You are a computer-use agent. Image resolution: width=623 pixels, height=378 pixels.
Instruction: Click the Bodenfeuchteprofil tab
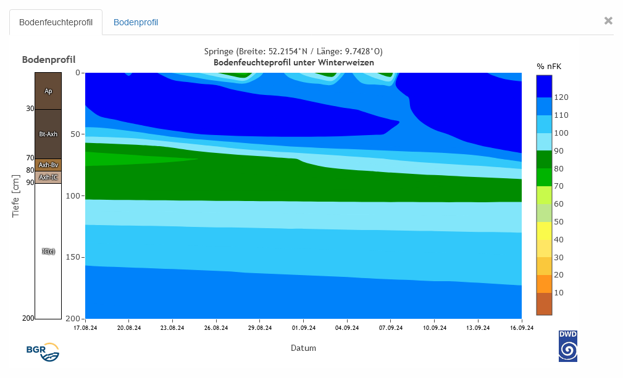56,22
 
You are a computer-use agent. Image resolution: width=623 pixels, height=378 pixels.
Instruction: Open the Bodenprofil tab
136,22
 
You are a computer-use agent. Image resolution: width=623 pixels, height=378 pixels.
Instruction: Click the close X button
608,20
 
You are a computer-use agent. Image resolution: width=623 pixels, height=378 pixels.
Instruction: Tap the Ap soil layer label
48,91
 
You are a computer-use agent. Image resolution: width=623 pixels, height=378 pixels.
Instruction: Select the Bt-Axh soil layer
48,134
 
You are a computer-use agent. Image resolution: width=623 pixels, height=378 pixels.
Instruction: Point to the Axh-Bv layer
48,165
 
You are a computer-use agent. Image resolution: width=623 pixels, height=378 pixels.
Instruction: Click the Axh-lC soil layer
48,177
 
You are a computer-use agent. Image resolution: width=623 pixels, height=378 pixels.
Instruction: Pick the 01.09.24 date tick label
304,328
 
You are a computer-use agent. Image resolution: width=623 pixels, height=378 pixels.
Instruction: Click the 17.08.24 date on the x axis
85,328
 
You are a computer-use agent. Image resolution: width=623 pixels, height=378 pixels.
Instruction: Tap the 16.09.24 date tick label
522,328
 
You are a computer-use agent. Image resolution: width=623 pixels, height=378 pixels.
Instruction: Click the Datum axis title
303,348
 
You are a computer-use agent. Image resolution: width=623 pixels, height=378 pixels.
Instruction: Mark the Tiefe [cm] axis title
16,195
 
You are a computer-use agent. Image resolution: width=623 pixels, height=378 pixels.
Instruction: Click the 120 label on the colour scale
561,97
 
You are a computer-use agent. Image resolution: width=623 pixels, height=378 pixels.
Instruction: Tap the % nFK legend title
549,66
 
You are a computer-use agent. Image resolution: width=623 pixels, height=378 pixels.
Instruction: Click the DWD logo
568,346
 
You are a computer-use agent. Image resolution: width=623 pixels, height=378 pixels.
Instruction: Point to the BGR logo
43,351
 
